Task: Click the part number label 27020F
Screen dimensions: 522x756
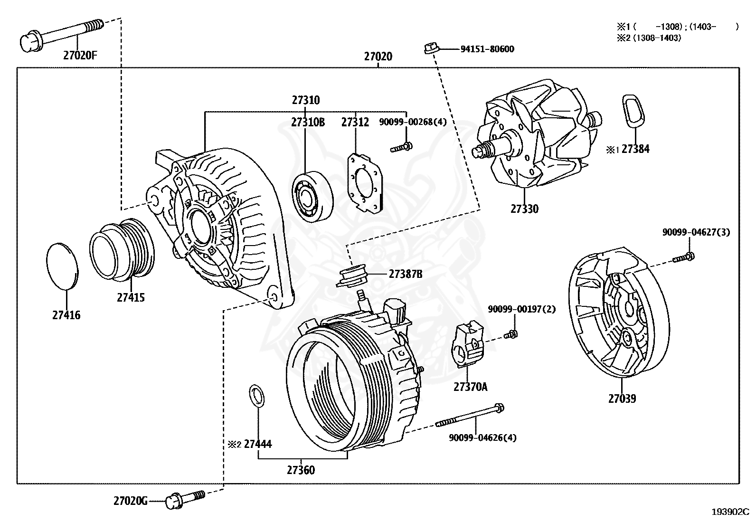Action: (80, 55)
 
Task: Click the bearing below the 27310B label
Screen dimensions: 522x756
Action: (312, 196)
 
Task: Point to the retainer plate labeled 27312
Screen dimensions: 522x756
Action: (365, 182)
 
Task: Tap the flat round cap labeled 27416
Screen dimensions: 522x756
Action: (62, 266)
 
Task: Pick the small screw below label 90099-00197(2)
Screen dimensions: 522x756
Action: (511, 334)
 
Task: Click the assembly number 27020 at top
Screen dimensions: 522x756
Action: (378, 57)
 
